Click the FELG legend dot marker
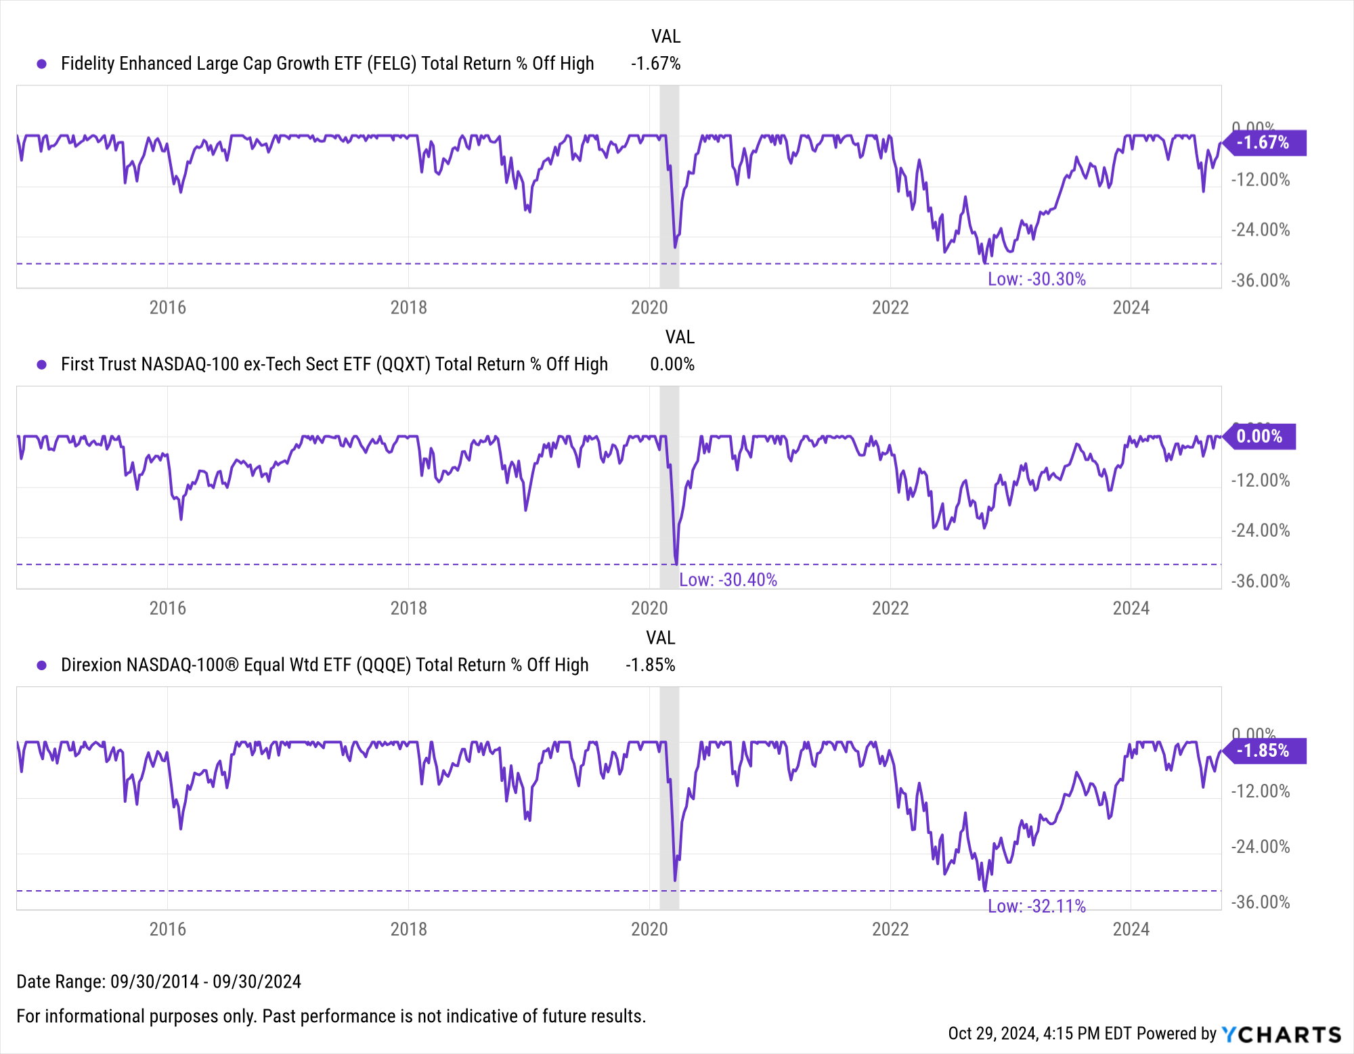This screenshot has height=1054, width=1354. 42,64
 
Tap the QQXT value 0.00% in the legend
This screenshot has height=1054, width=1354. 672,364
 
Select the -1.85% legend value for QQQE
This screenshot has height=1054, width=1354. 650,665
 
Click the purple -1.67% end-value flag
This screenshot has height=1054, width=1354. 1264,143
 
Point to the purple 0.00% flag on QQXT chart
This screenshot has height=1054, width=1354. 1260,436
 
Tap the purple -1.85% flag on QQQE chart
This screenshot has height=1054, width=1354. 1264,751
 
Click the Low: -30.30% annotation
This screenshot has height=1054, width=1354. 1036,279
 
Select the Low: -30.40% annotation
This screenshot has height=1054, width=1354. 728,579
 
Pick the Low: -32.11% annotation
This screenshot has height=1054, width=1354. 1036,906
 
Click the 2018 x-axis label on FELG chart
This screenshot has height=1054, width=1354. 408,307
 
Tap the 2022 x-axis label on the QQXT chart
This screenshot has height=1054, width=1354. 890,608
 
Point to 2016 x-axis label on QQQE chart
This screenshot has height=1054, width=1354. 167,929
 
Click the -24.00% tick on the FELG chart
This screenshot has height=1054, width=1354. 1260,230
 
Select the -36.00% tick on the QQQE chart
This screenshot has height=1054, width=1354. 1260,902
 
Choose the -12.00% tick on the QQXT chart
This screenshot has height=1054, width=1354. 1260,481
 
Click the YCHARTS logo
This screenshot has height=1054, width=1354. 1281,1034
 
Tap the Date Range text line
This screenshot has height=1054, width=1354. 158,982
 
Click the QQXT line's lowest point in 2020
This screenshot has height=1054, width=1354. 676,563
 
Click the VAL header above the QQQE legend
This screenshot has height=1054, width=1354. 660,638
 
